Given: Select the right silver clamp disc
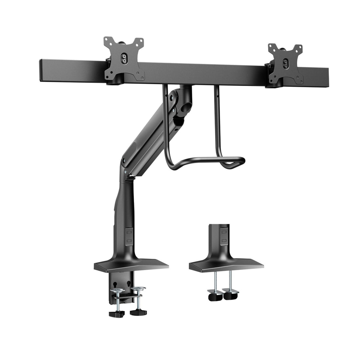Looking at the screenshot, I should [139, 289].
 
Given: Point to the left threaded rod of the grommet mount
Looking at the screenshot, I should [216, 283].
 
